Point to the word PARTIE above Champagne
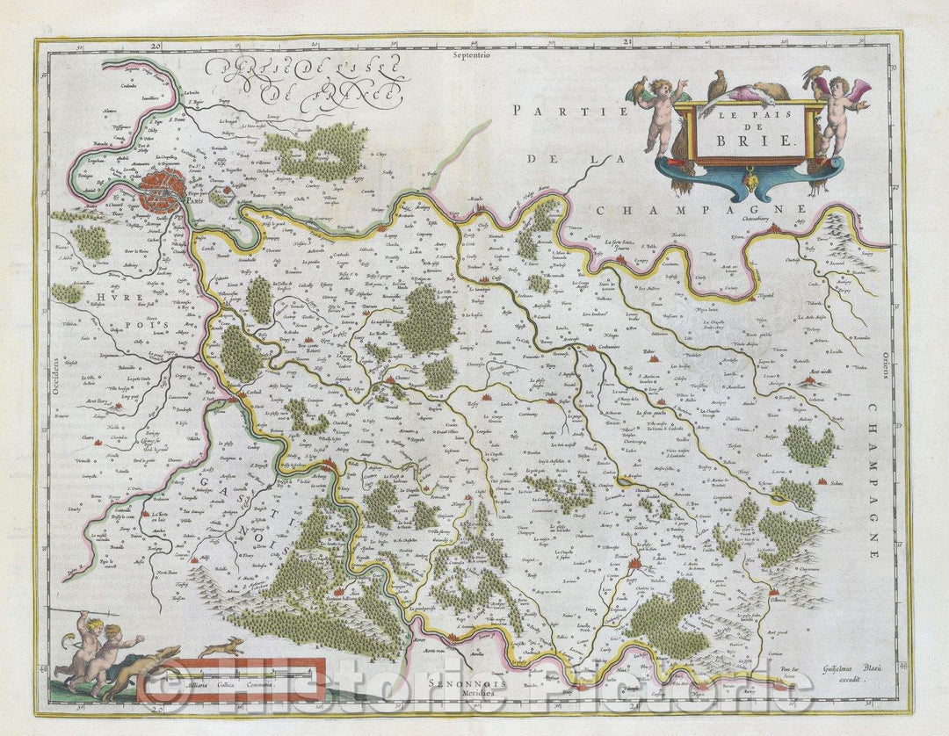571,111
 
